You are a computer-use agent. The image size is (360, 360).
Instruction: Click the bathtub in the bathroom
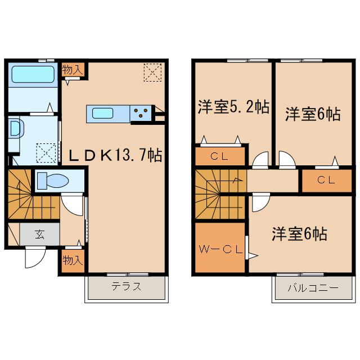(32, 74)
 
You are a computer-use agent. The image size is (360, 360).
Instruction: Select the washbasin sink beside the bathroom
(15, 128)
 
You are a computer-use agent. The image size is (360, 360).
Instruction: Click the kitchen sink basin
(105, 113)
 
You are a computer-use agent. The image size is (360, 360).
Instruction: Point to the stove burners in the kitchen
(143, 113)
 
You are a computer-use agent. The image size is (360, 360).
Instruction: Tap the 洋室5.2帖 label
(233, 107)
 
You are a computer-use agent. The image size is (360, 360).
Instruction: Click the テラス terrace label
(126, 286)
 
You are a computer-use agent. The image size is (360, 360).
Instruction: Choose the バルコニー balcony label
(313, 287)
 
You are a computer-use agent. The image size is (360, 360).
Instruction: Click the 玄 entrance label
(40, 235)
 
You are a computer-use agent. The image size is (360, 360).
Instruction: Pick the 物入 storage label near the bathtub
(73, 70)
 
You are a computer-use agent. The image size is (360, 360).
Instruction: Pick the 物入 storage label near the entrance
(73, 260)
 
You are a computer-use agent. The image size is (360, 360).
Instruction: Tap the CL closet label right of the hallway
(326, 181)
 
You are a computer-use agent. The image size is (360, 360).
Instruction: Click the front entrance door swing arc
(34, 258)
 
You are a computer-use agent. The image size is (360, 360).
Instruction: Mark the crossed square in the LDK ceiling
(152, 71)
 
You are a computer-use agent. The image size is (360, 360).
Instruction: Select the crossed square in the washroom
(46, 152)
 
